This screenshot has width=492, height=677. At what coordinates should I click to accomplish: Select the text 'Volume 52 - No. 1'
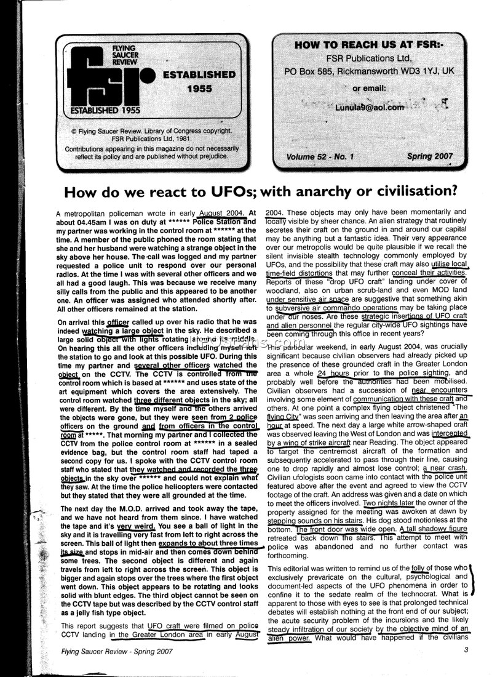pos(320,157)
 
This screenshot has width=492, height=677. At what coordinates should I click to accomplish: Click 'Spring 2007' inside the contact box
pos(430,156)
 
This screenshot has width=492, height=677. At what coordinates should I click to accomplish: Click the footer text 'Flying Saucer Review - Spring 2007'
pos(117,650)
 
